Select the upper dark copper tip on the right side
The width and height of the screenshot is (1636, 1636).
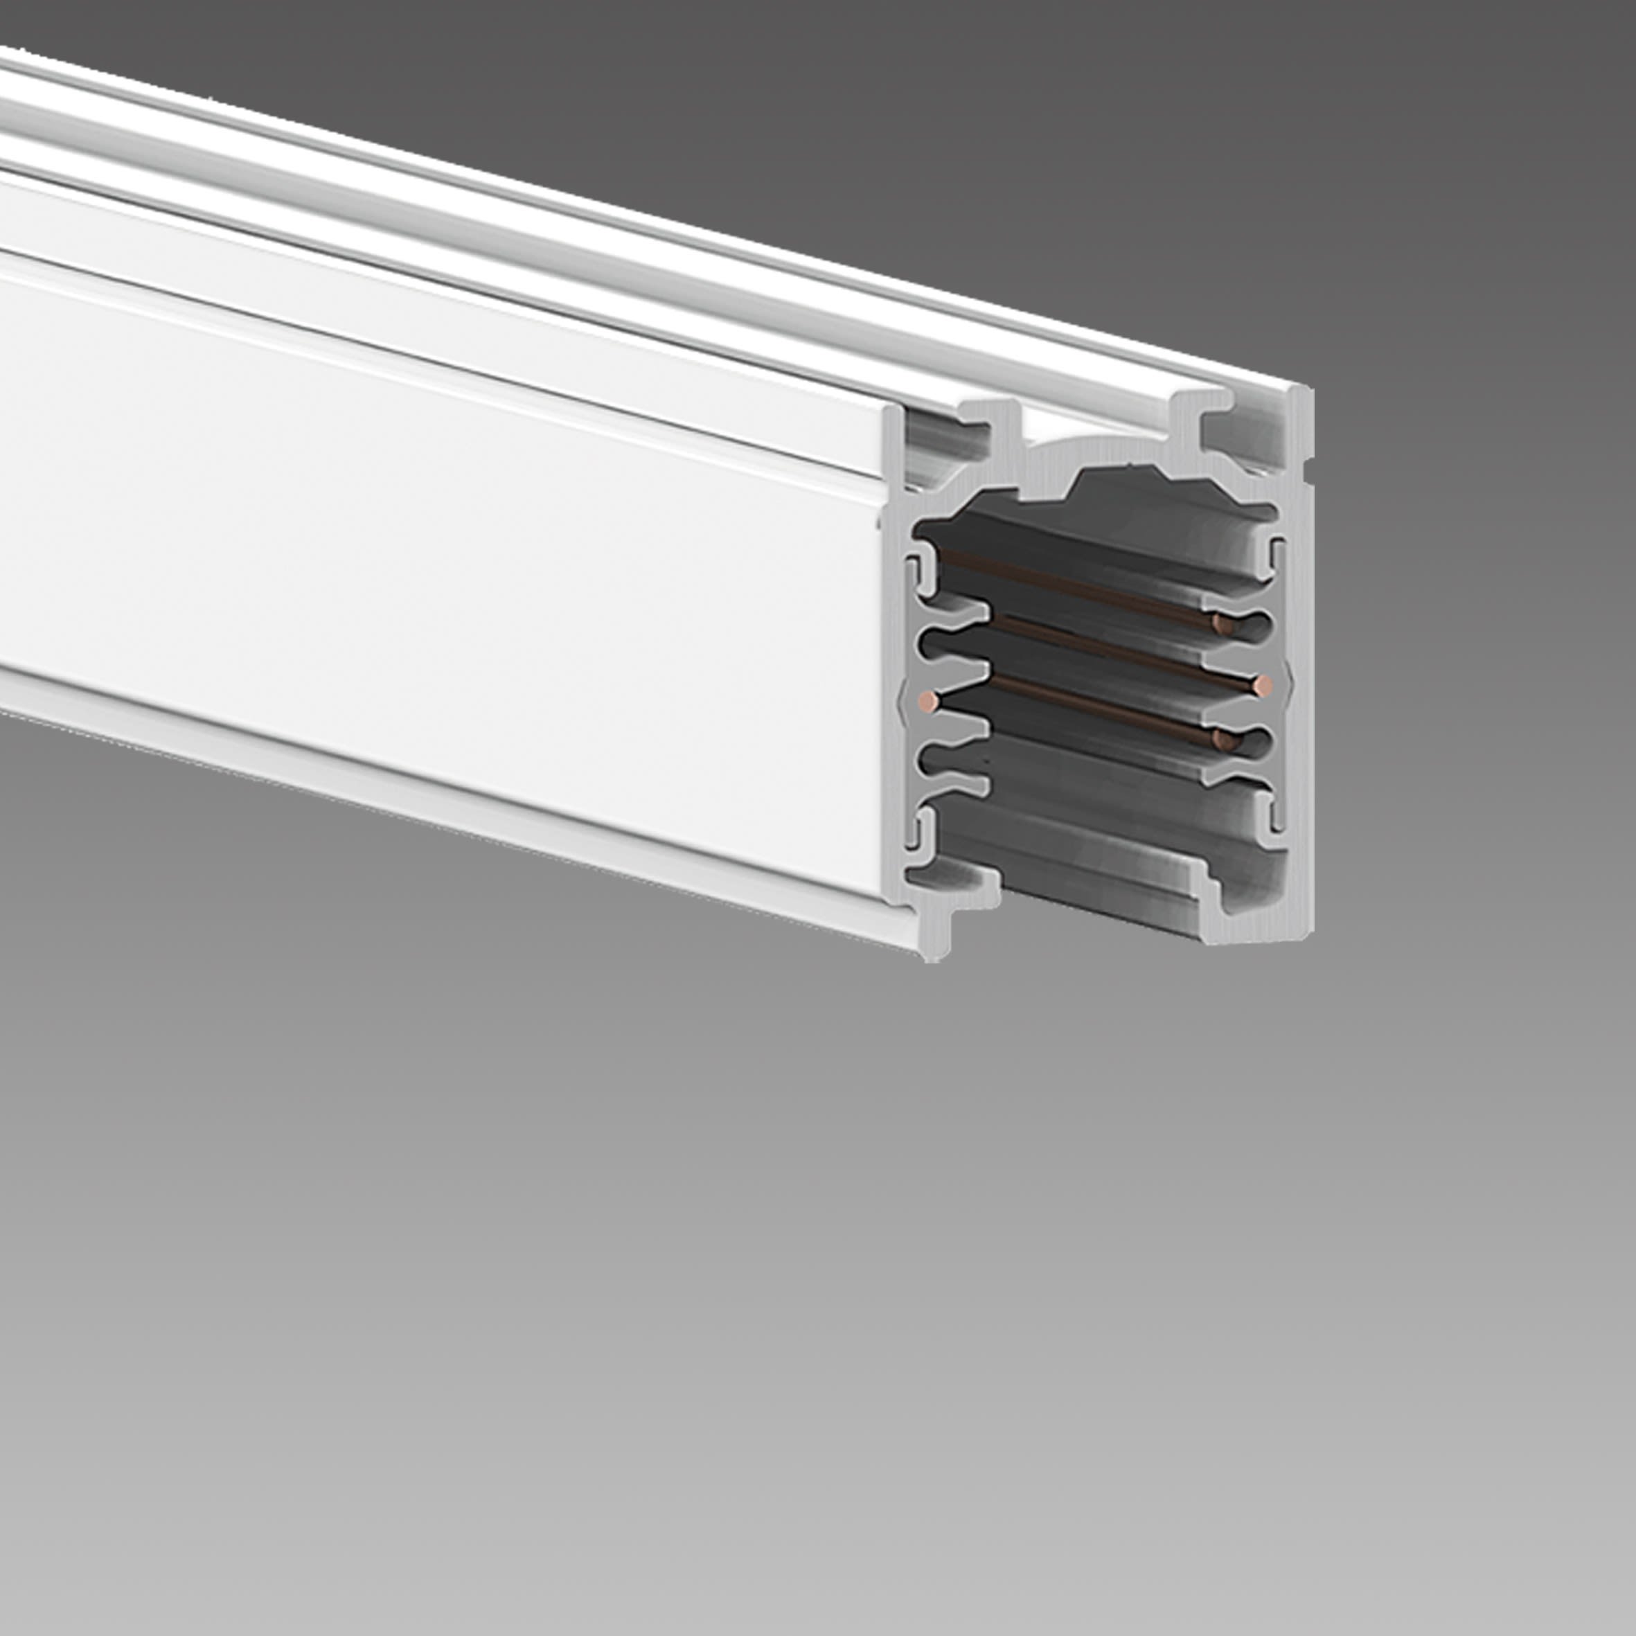(x=1222, y=625)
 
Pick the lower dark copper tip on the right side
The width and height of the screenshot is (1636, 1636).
(x=1222, y=740)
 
